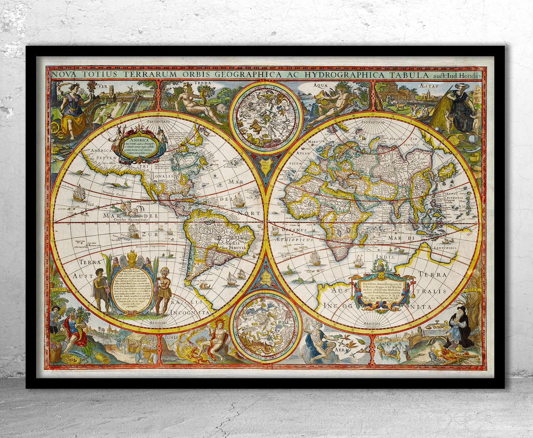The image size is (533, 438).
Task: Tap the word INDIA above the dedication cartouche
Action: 385,257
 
